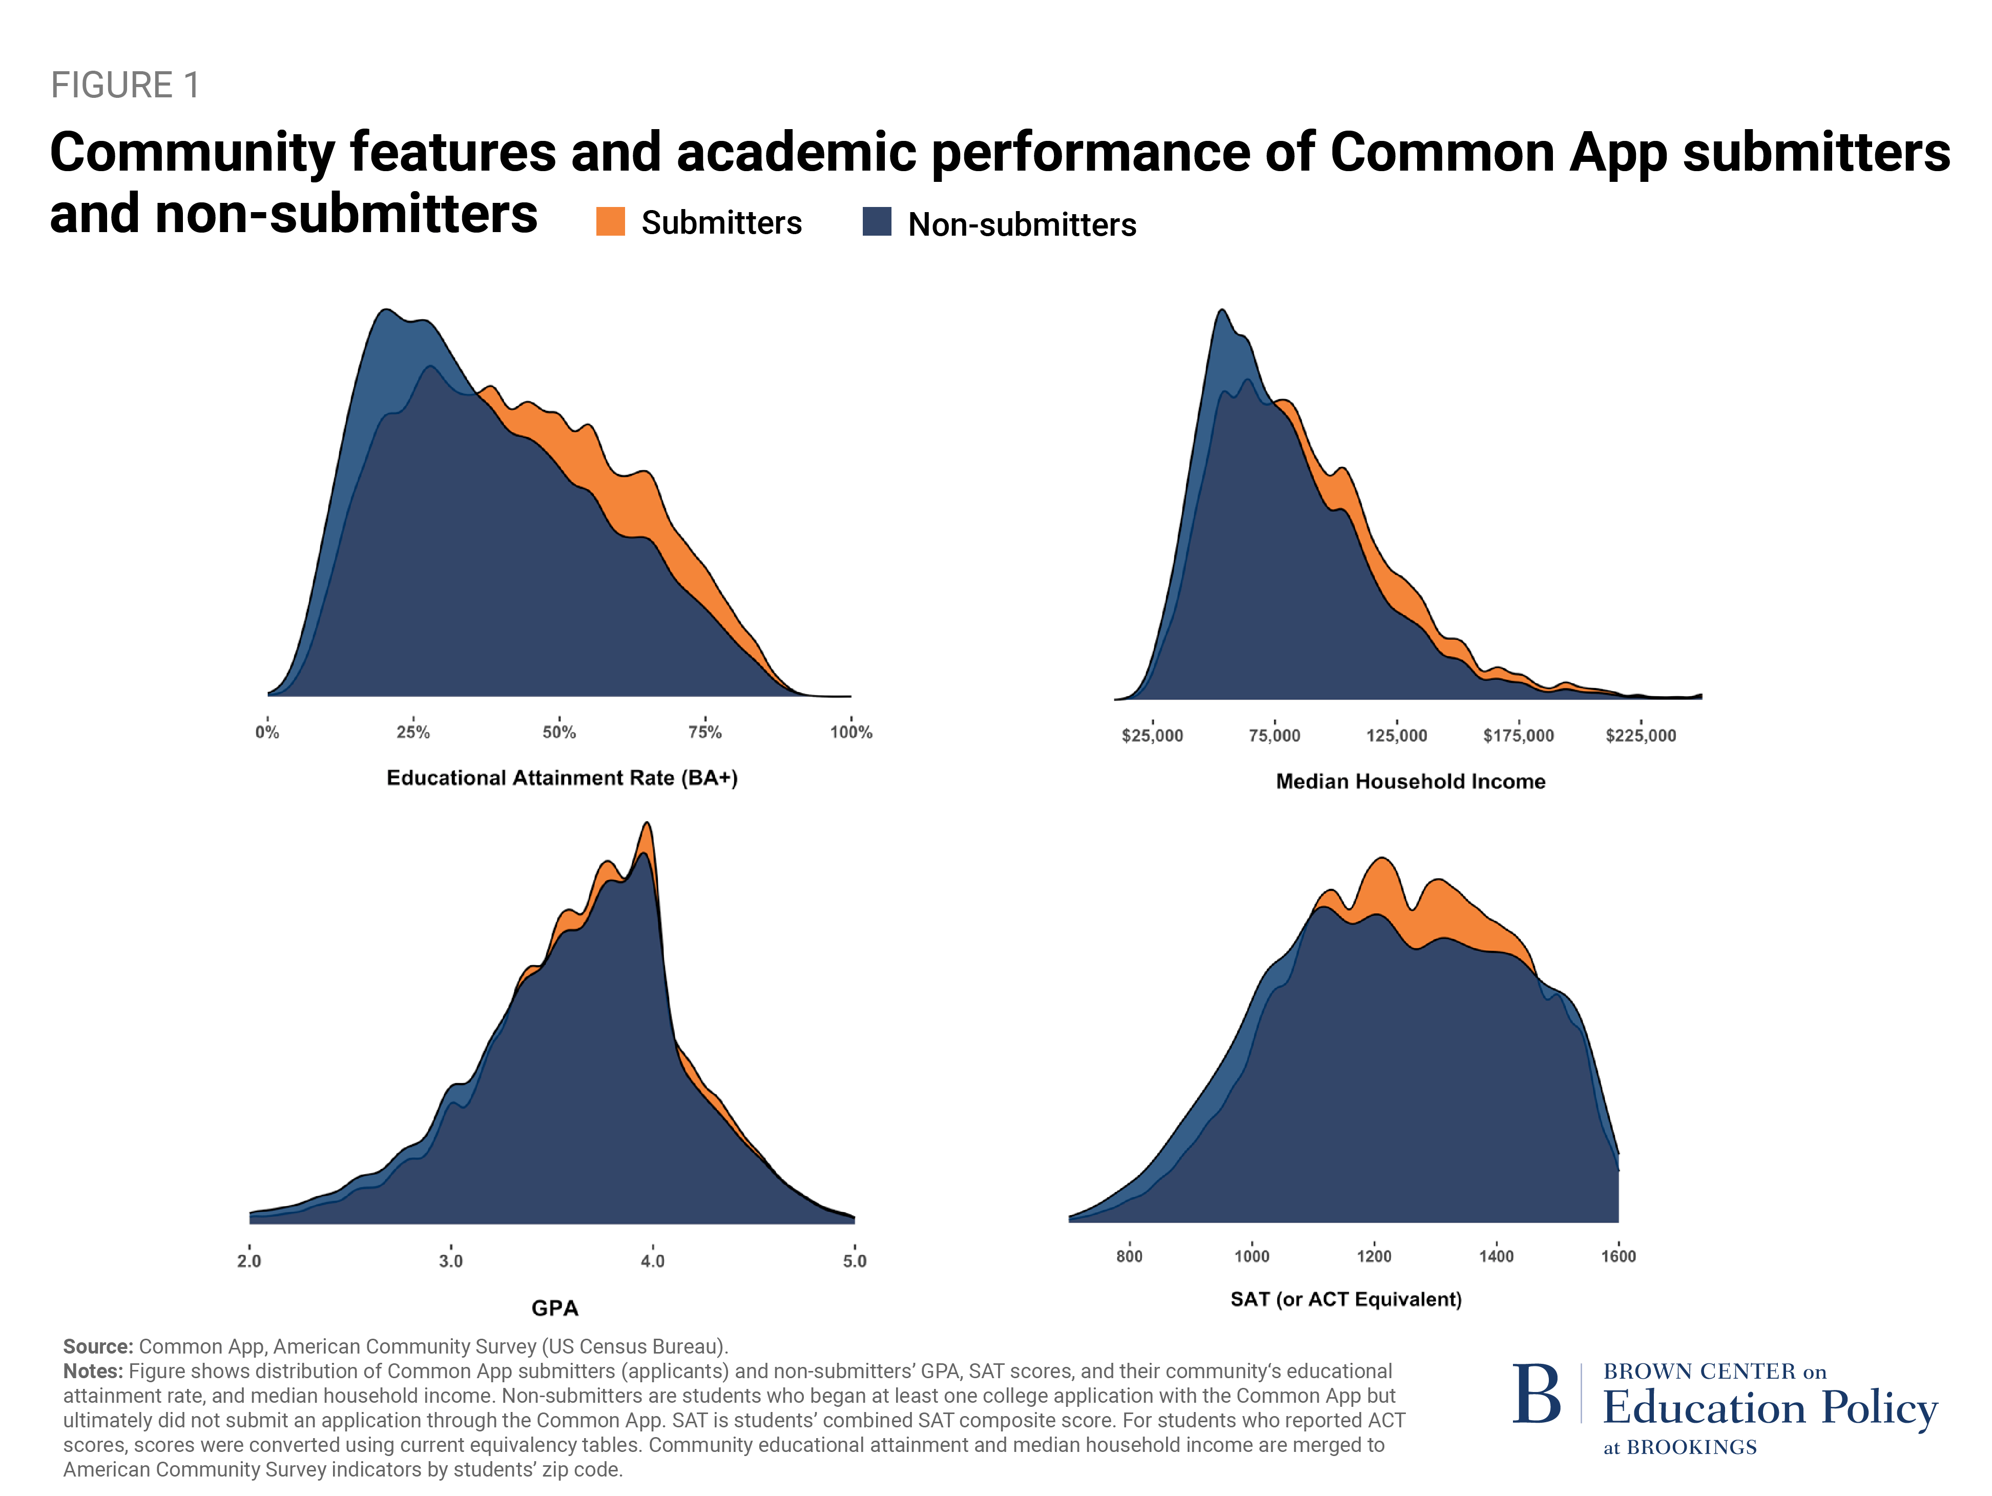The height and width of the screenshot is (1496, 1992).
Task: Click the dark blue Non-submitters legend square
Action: (x=876, y=221)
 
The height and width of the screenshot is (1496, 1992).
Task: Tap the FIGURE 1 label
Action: (x=125, y=86)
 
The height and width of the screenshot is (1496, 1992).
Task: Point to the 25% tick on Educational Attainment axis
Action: (x=413, y=731)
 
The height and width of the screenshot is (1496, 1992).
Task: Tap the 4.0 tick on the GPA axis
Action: (x=652, y=1260)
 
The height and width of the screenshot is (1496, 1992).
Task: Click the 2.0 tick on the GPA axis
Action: (x=250, y=1260)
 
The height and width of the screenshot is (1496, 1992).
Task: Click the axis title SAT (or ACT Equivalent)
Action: (x=1345, y=1299)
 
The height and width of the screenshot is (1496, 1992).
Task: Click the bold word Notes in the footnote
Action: (x=92, y=1371)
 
